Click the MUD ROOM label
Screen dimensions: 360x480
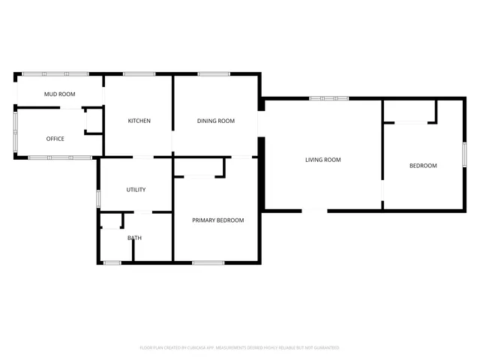[x=59, y=94]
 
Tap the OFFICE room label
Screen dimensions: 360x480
[x=55, y=139]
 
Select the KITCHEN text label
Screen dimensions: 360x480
[x=139, y=121]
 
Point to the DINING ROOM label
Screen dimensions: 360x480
[x=216, y=121]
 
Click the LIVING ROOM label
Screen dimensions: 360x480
[x=322, y=160]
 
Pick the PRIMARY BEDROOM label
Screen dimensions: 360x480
[x=217, y=220]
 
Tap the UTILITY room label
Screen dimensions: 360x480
[x=136, y=190]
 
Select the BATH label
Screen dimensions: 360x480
[x=134, y=238]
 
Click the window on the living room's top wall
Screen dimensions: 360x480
[x=328, y=98]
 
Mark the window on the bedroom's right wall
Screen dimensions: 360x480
[x=463, y=153]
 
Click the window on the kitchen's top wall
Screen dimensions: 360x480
[x=139, y=73]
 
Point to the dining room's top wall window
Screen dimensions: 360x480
[x=214, y=73]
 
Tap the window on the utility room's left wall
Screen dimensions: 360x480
[x=98, y=199]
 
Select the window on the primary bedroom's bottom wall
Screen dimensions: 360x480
[x=208, y=262]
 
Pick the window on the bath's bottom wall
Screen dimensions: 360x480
[x=112, y=262]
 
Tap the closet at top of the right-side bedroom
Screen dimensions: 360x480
[x=409, y=111]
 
